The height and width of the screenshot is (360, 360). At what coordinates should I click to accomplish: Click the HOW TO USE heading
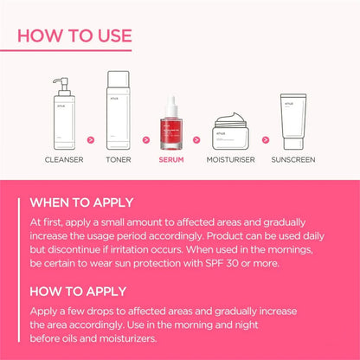[75, 35]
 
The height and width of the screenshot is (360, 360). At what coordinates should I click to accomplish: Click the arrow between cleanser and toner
[92, 138]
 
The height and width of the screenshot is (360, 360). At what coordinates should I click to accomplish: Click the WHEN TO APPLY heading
[81, 203]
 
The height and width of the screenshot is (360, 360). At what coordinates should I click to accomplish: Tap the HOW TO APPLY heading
[77, 291]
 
